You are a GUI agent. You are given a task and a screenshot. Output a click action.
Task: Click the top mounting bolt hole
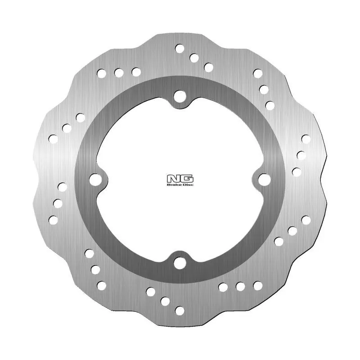(180, 95)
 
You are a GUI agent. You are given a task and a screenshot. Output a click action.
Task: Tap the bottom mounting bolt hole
(180, 262)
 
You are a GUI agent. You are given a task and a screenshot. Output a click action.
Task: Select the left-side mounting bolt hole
(94, 179)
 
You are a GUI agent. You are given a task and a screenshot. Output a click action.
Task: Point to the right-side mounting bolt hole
(265, 179)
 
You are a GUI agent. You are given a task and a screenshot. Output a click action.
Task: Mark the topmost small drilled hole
(180, 48)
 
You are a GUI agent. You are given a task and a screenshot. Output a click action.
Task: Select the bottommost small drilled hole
(180, 310)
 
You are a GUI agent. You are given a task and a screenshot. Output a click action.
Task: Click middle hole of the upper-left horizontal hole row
(119, 72)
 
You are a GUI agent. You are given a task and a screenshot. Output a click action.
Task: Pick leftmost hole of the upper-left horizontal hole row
(101, 72)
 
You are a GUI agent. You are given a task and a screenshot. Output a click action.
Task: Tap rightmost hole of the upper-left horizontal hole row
(136, 72)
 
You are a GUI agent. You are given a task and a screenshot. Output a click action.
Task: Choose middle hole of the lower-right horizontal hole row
(240, 286)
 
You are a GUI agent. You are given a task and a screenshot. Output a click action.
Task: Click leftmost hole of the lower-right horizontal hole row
(223, 286)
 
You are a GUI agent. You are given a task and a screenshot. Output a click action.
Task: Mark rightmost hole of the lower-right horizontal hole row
(258, 285)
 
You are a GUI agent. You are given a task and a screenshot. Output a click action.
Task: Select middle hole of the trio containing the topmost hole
(194, 58)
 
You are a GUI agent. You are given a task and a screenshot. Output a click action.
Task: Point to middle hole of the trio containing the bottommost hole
(165, 301)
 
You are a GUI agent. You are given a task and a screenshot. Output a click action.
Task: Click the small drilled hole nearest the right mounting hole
(296, 171)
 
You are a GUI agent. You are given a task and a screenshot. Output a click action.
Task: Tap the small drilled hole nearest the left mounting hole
(62, 186)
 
